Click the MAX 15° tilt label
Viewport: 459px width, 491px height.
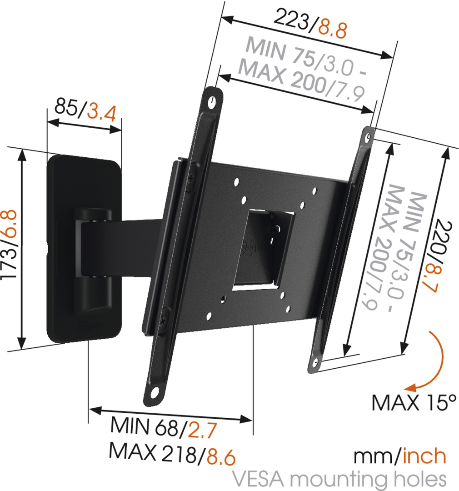point(414,402)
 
